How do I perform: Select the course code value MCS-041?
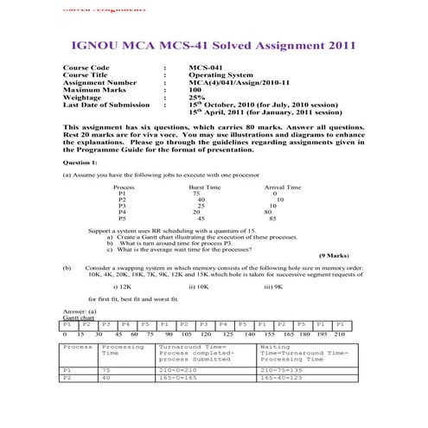pyautogui.click(x=206, y=67)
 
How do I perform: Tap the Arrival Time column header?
pyautogui.click(x=282, y=187)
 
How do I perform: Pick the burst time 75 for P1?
pyautogui.click(x=196, y=194)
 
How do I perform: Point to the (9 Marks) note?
pyautogui.click(x=334, y=256)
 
